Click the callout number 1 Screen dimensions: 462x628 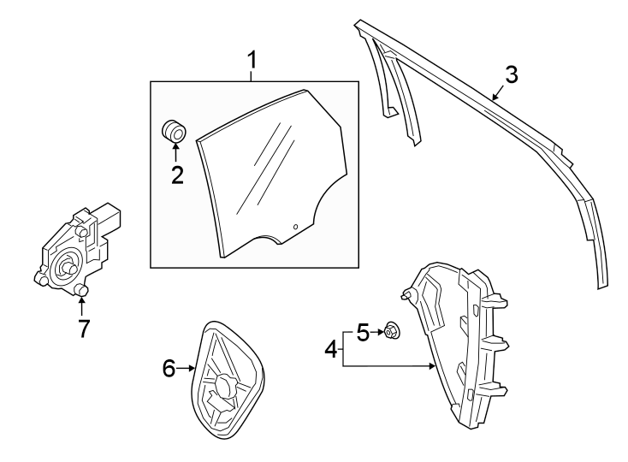(x=252, y=60)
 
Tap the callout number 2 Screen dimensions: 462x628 (x=176, y=175)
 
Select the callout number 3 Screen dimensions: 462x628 (x=511, y=74)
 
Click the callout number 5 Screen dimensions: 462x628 (x=363, y=331)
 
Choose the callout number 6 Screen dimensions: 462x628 (x=169, y=368)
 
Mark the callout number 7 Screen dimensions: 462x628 (x=83, y=329)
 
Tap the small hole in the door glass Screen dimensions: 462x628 (x=294, y=227)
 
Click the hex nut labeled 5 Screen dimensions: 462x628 (x=390, y=329)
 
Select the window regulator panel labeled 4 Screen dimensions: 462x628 (x=458, y=342)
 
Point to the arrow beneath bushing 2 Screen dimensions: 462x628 (x=175, y=152)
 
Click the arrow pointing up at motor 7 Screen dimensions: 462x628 (x=83, y=305)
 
